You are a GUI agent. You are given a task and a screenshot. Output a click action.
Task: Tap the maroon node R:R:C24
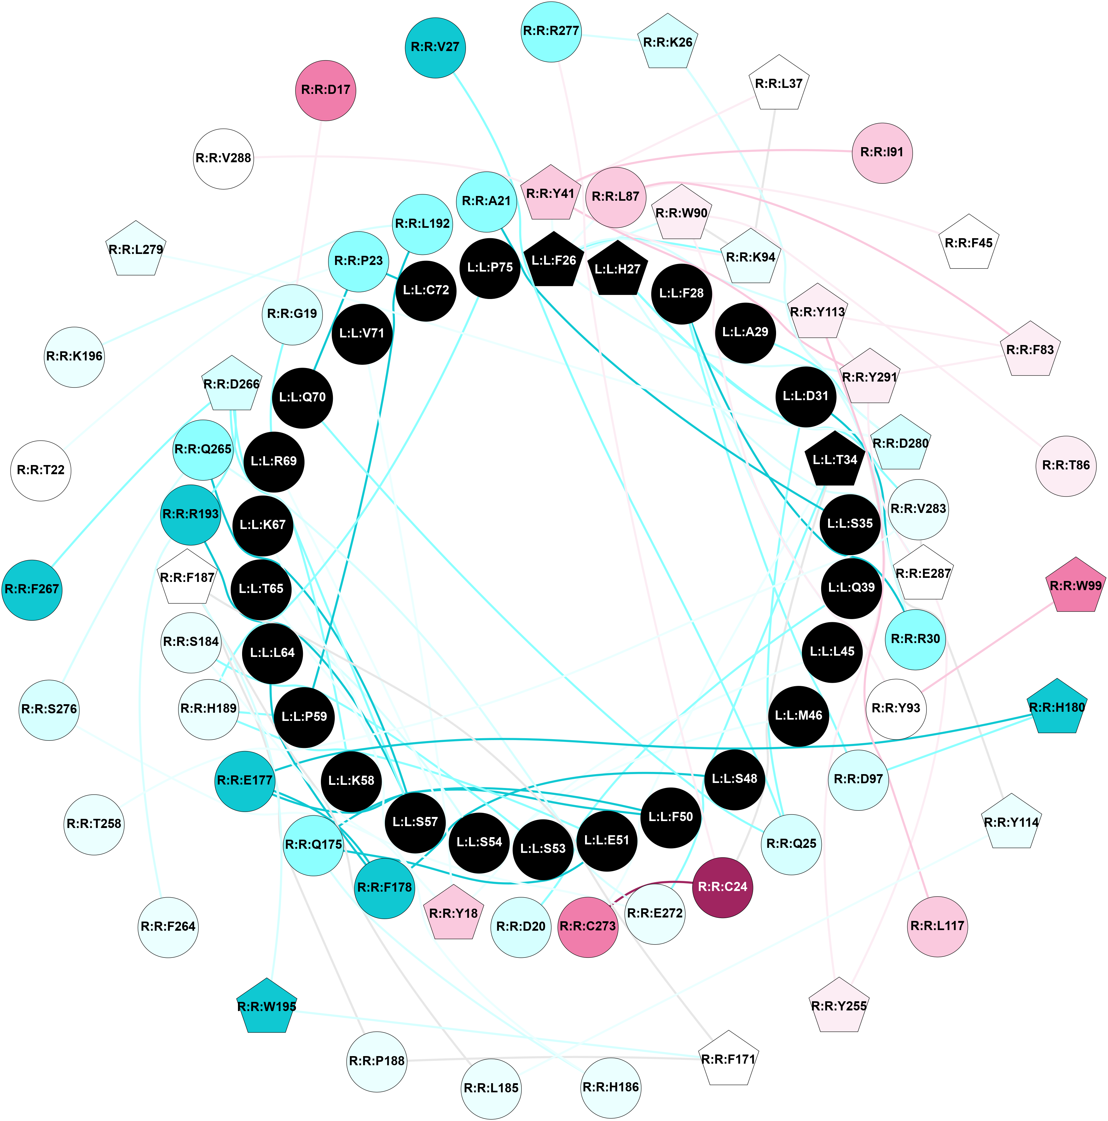coord(722,887)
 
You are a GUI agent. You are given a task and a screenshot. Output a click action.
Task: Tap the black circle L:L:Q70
coord(302,398)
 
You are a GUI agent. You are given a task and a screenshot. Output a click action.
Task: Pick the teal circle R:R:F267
coord(32,589)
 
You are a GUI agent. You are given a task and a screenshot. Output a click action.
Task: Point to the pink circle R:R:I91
coord(882,152)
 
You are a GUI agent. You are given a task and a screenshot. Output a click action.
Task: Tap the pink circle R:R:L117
coord(937,926)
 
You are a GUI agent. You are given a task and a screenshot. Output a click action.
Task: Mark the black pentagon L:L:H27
coord(617,269)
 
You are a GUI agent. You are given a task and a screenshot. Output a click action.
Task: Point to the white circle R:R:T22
coord(41,470)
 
